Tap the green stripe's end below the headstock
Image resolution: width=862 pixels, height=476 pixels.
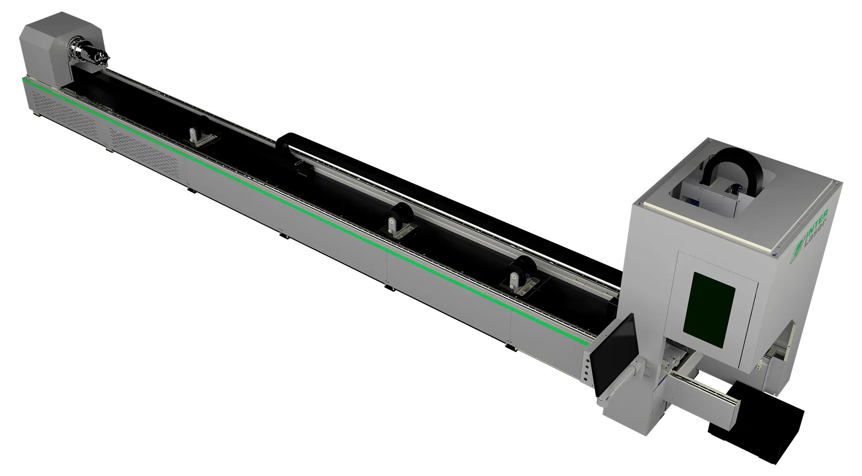coord(25,80)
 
